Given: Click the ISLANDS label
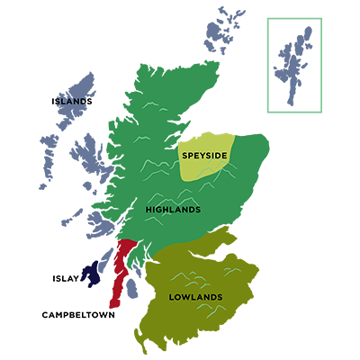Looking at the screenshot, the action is click(x=72, y=102).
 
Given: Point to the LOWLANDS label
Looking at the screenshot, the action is click(x=195, y=297).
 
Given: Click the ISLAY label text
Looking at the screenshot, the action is click(x=65, y=279).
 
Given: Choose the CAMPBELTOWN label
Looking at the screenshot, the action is click(x=78, y=315).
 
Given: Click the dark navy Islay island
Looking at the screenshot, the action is click(x=90, y=274).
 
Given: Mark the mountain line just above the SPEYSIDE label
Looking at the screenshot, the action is click(x=202, y=141).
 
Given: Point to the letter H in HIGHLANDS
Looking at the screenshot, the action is click(x=148, y=210).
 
